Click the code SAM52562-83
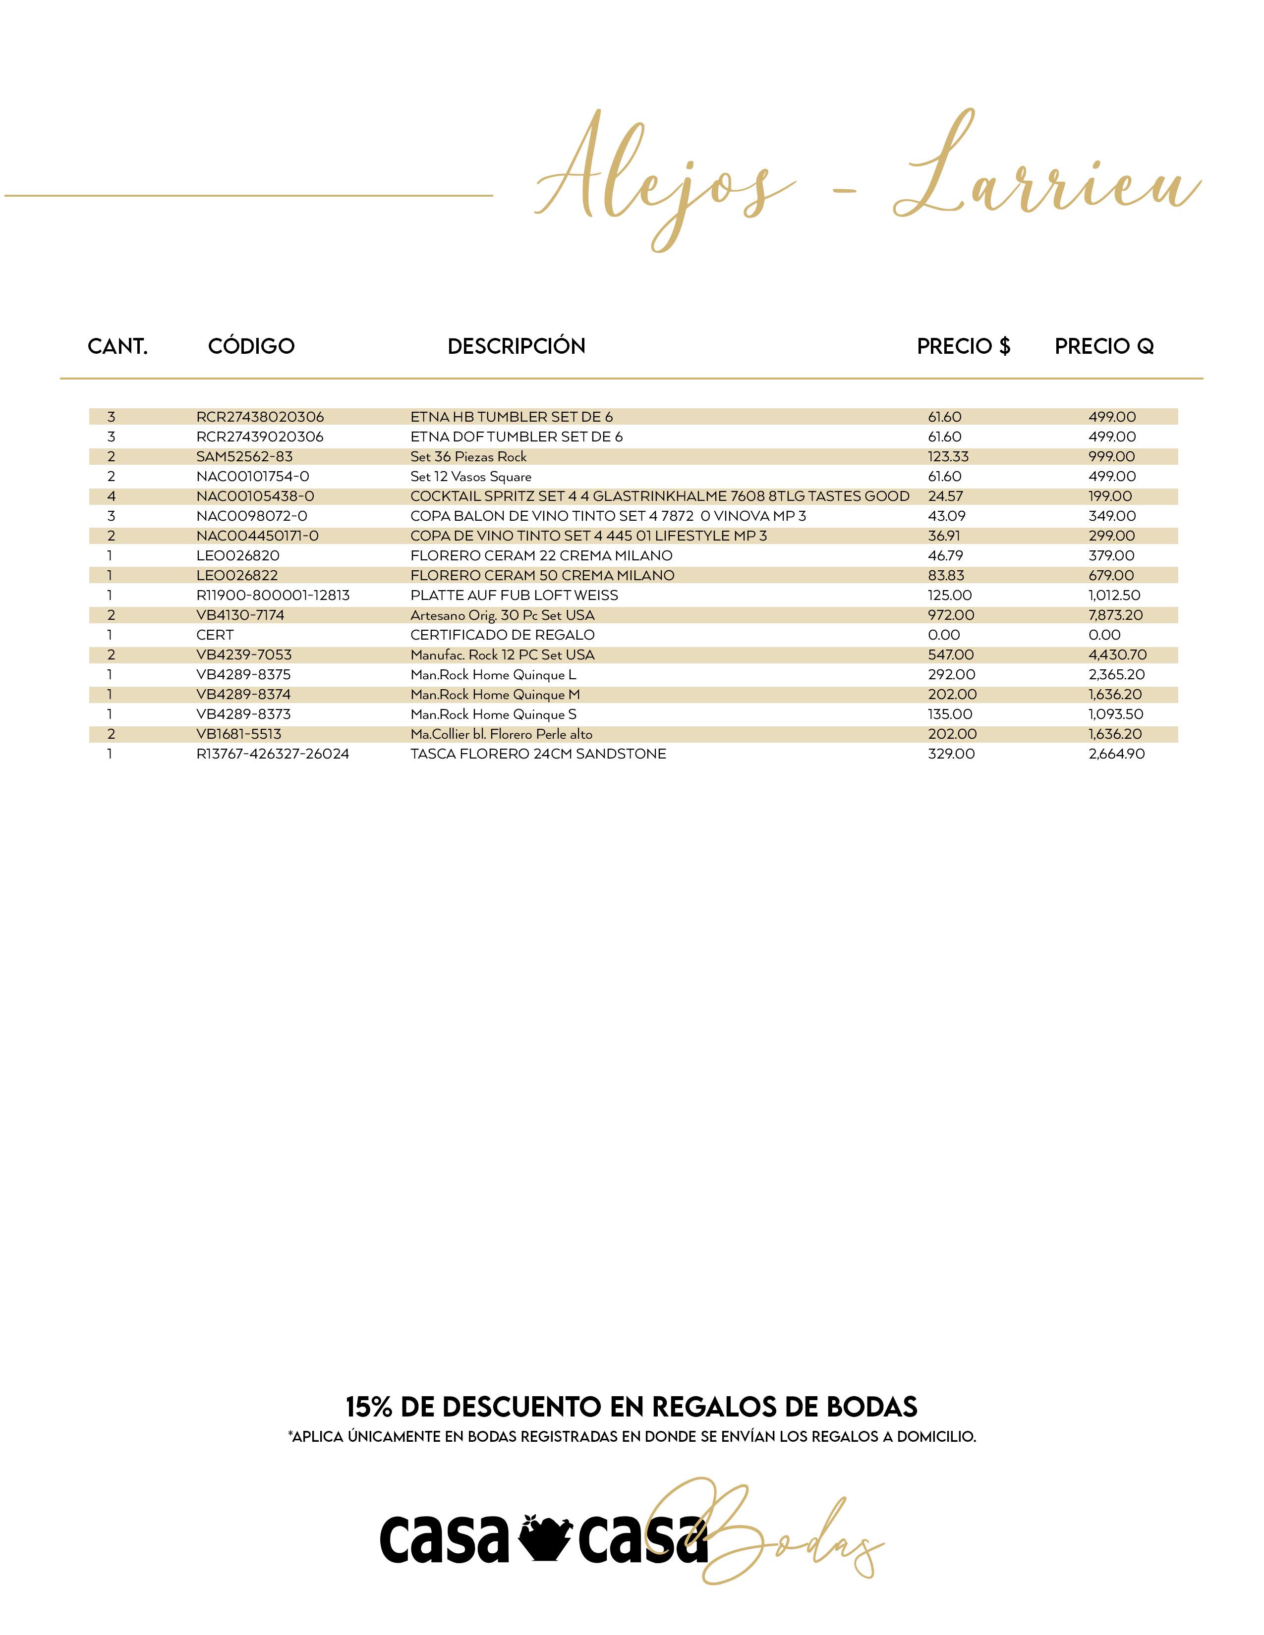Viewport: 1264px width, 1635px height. [x=244, y=457]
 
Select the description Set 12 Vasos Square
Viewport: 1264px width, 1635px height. [x=470, y=476]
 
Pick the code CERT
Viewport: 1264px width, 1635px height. [x=215, y=635]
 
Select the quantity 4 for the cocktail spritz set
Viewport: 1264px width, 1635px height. [x=111, y=496]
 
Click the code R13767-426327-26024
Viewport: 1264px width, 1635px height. [x=273, y=754]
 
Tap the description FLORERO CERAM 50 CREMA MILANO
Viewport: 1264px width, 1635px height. [x=542, y=576]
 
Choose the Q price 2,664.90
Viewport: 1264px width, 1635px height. [x=1116, y=754]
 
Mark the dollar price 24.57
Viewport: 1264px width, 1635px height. [x=945, y=496]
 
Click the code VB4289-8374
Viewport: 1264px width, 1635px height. [x=243, y=695]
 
